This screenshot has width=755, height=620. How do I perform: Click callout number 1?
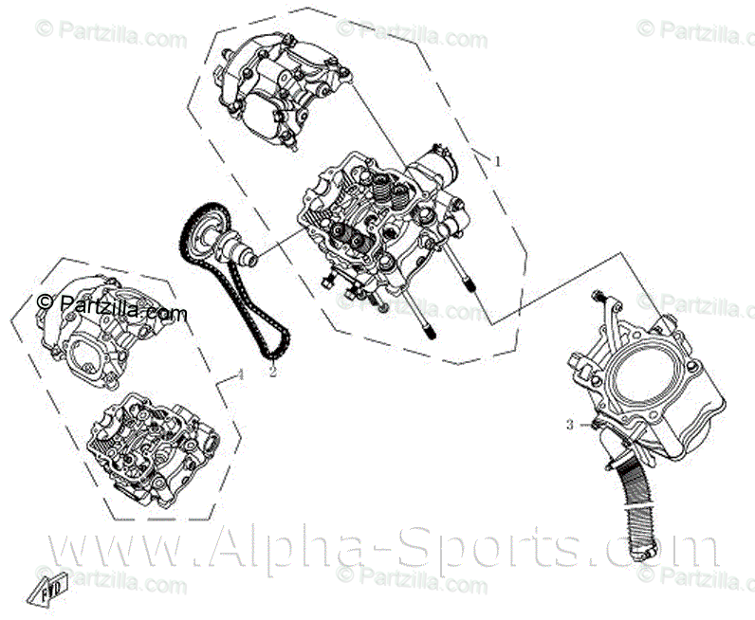[x=496, y=162]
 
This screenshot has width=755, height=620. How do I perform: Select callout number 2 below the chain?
[x=272, y=372]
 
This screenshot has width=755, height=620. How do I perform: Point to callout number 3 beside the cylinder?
[x=570, y=425]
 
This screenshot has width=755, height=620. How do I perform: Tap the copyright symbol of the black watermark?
[x=43, y=302]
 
